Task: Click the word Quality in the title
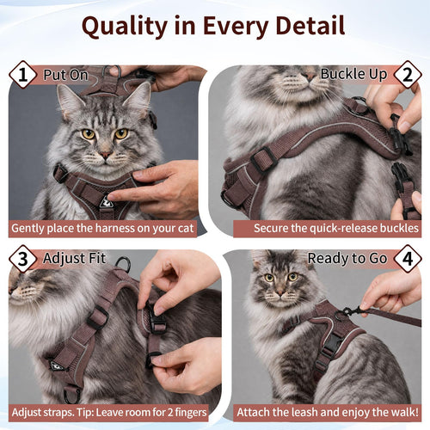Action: (125, 27)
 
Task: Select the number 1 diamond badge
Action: (23, 75)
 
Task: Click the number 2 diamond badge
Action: (408, 75)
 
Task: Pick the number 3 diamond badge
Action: (23, 259)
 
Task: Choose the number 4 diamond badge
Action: (408, 259)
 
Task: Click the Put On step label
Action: (65, 75)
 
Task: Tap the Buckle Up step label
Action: (353, 74)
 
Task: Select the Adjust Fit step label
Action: (74, 259)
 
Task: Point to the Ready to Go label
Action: (347, 259)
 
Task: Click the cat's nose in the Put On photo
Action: (105, 155)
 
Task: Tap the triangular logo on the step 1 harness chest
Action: (106, 202)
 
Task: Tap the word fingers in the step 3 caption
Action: (191, 413)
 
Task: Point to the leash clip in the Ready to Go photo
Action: (349, 312)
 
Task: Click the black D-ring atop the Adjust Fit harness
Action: (123, 264)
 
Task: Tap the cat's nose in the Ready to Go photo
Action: (280, 293)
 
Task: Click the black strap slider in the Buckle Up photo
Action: (264, 159)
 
